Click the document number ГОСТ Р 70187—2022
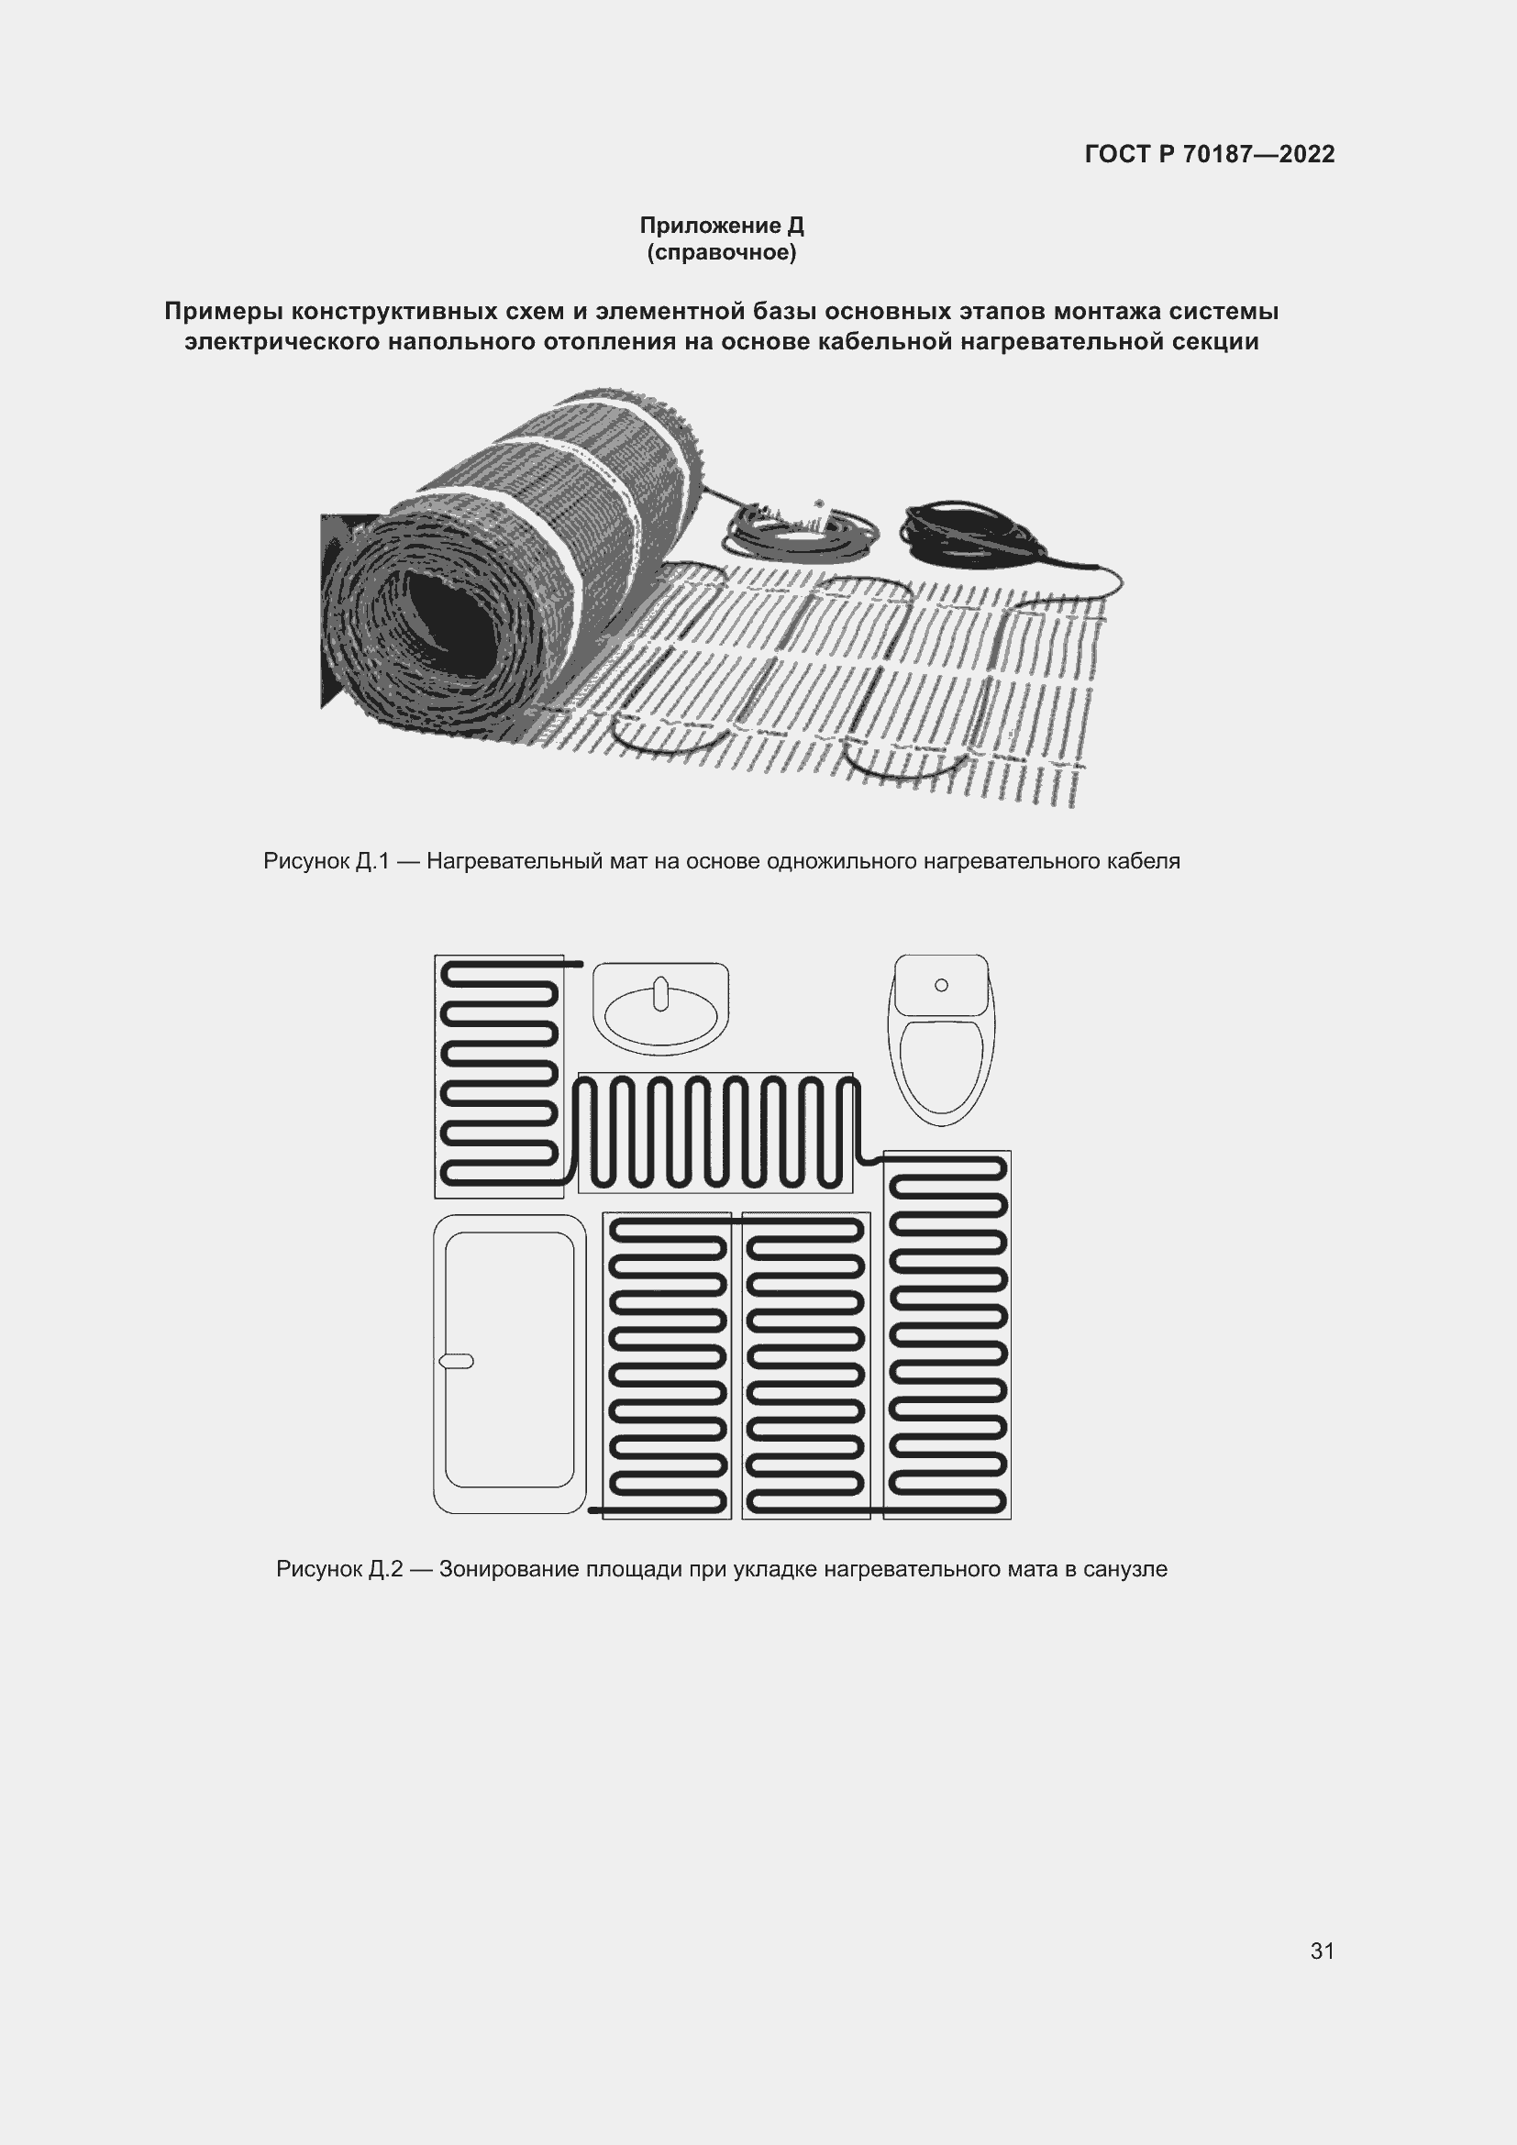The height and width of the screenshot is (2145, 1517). pos(1210,154)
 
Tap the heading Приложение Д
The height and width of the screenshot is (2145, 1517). pos(721,226)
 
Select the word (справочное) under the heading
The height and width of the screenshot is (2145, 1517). pos(721,252)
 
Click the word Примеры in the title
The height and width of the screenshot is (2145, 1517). pos(225,311)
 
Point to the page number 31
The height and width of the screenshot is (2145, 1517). pos(1323,1951)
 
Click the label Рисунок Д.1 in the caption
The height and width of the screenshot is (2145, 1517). pos(326,861)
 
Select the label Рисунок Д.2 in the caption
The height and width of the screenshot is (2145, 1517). pos(339,1568)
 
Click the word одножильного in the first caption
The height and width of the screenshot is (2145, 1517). pos(842,861)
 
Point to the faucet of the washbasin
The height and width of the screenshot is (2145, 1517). pos(660,993)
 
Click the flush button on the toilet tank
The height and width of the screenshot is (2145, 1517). pos(941,985)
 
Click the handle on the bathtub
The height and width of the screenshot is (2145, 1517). pos(456,1361)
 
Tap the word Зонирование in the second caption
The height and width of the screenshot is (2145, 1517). pos(509,1568)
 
